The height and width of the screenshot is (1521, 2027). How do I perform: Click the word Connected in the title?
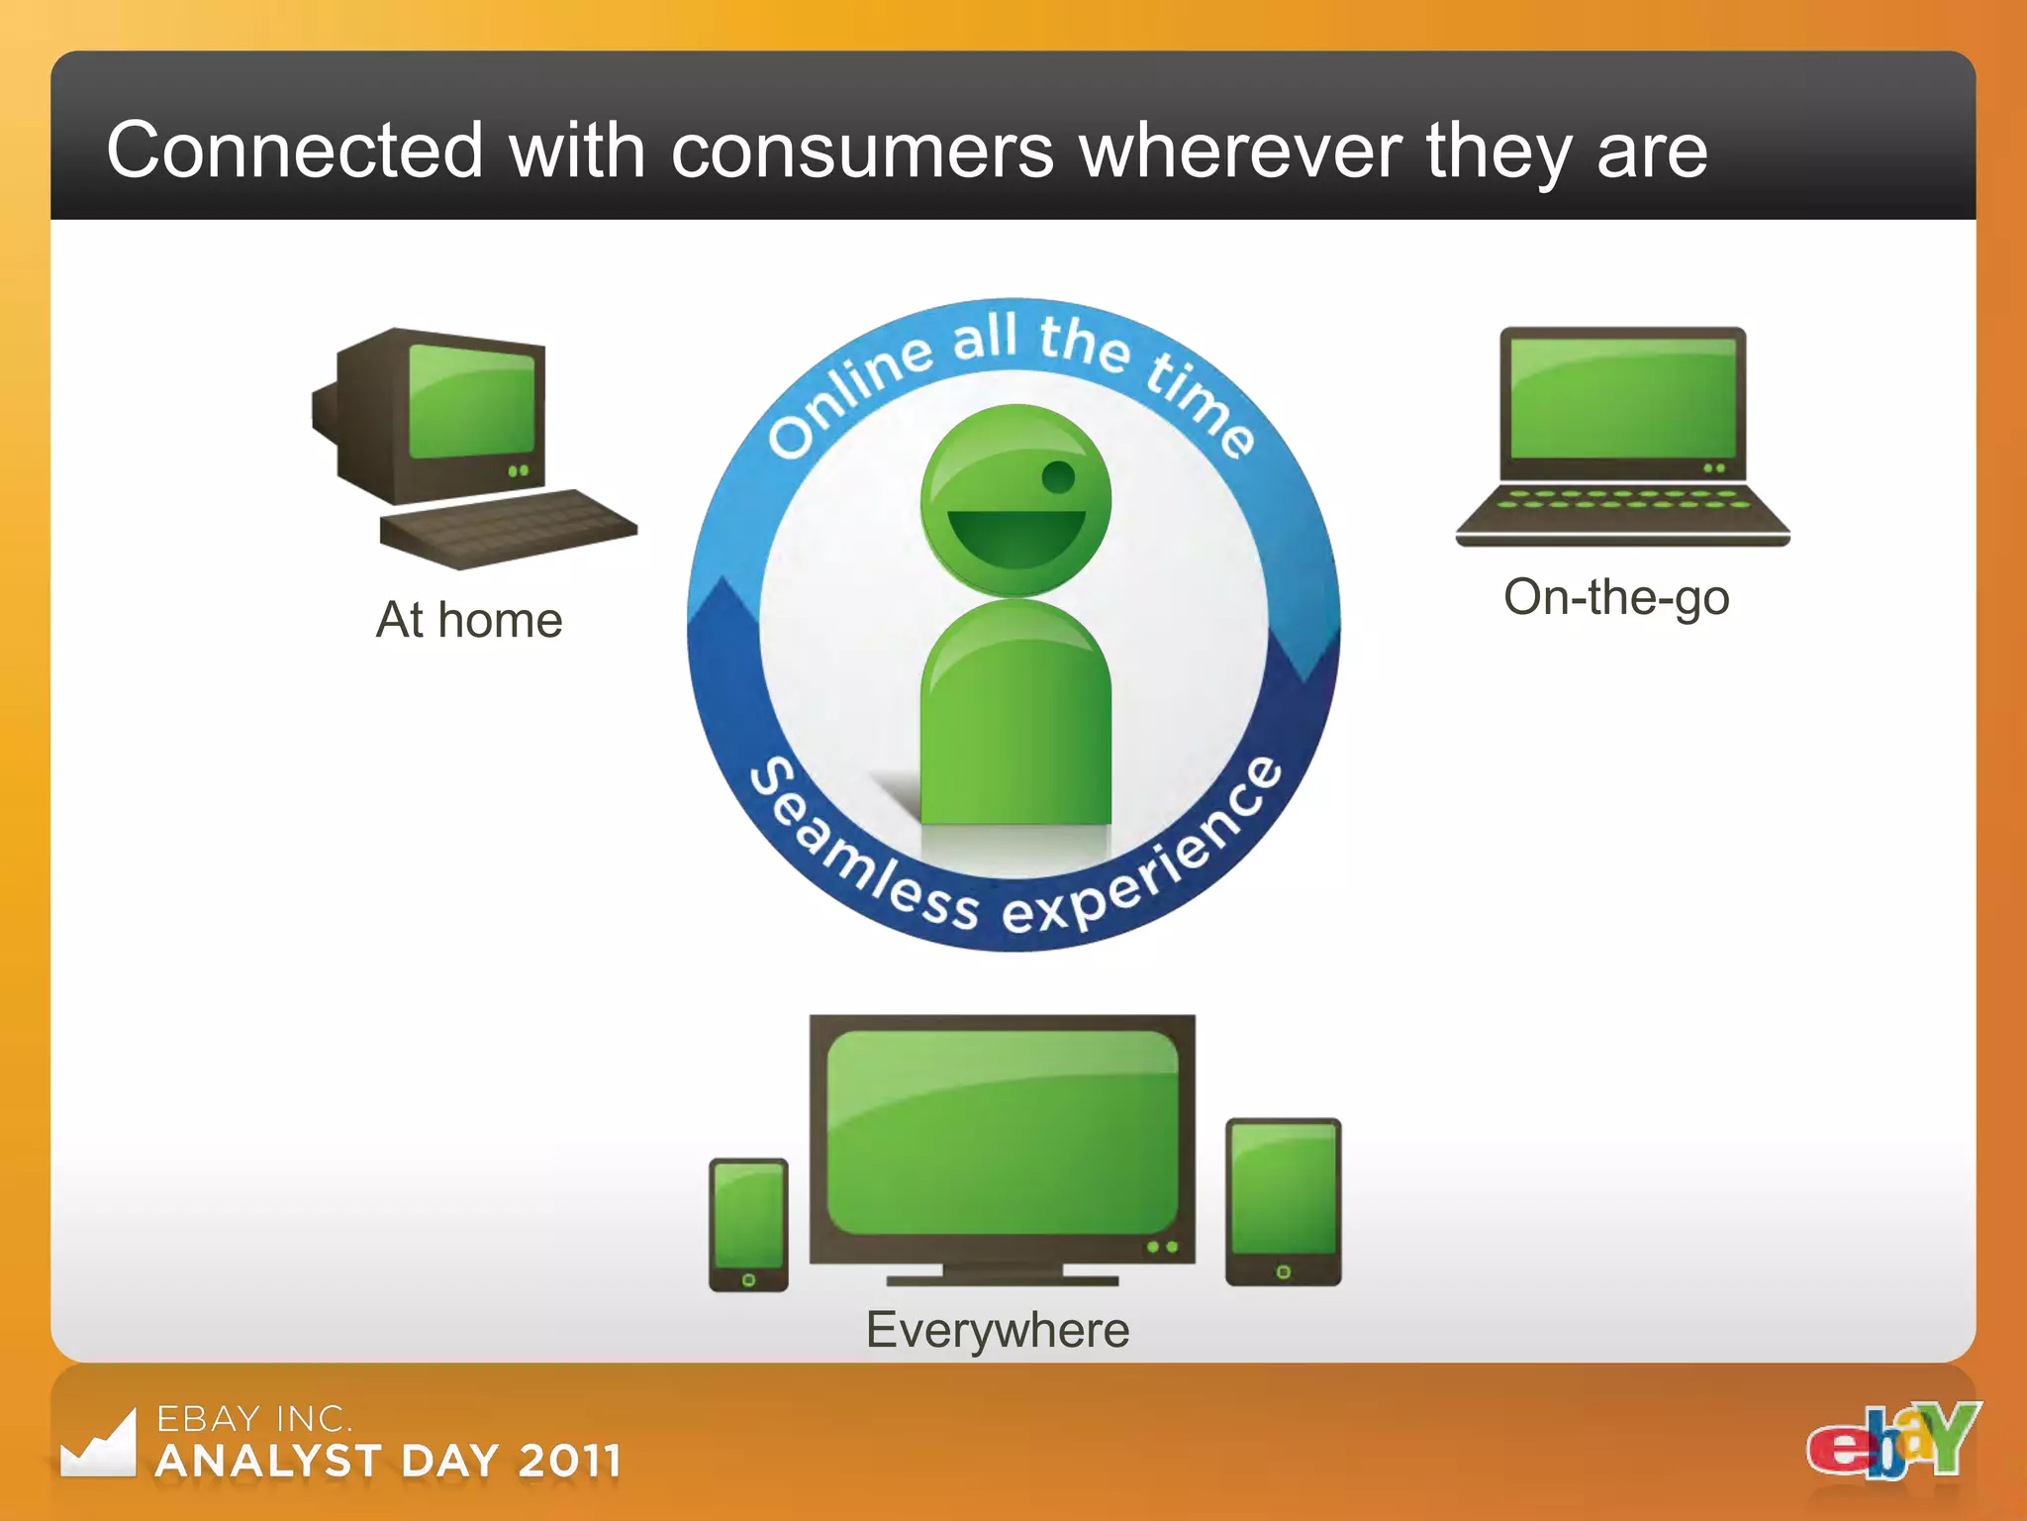294,151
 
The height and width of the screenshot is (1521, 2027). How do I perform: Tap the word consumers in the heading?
862,151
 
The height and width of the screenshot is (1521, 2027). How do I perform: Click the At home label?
469,621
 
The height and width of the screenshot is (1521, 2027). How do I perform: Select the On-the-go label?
1615,598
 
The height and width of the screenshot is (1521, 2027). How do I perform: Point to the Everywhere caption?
997,1330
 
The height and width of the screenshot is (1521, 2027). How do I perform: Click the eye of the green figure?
1058,477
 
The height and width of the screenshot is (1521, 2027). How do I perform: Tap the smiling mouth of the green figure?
1015,536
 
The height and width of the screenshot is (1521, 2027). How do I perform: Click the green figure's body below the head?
1015,723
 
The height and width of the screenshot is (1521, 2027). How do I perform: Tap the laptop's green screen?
1622,398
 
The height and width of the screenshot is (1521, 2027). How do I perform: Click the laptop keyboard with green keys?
1622,500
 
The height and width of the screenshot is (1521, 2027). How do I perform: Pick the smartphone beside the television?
748,1224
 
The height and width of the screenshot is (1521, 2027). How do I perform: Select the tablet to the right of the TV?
1283,1201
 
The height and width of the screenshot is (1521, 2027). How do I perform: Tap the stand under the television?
1002,1275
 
